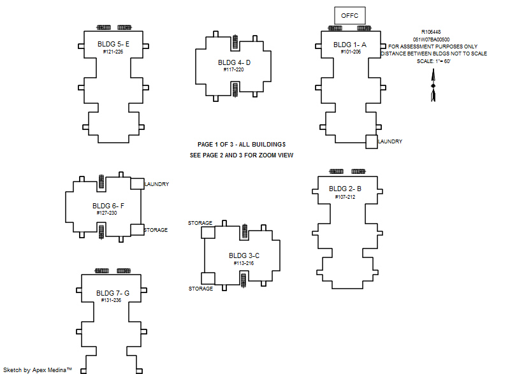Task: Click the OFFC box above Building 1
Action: [349, 15]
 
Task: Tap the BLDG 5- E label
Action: [113, 44]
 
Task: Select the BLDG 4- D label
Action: [234, 62]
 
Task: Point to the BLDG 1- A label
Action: [349, 45]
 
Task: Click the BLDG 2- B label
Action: [345, 189]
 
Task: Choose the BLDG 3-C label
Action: [244, 255]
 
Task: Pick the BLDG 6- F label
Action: [108, 206]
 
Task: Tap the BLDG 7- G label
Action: [113, 293]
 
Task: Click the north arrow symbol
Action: [433, 85]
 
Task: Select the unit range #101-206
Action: [351, 52]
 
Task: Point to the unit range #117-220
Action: [233, 69]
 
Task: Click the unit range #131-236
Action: [111, 300]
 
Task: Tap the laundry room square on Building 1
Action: [372, 141]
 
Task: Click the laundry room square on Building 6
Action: [137, 183]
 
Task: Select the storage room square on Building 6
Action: [137, 230]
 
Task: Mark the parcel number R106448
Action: [431, 32]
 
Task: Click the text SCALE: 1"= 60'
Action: [433, 61]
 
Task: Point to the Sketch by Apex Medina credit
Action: [38, 370]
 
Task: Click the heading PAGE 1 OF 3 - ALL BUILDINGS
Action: [242, 144]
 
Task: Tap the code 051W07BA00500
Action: [432, 40]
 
